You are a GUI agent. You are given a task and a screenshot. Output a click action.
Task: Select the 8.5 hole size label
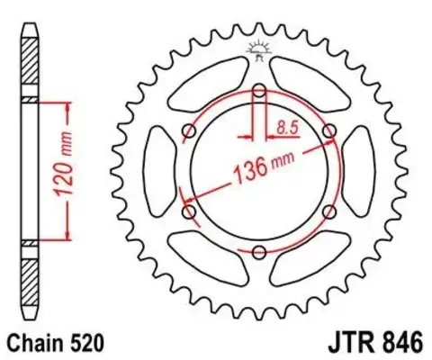(x=289, y=128)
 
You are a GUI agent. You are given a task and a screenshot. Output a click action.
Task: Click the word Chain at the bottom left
(x=31, y=344)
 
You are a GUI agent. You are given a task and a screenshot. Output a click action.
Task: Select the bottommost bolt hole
(x=259, y=250)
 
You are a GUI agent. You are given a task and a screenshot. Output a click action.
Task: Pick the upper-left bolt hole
(x=189, y=130)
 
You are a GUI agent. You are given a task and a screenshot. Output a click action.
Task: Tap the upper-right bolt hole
(x=329, y=130)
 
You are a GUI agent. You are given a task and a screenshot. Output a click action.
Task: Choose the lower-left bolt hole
(x=189, y=211)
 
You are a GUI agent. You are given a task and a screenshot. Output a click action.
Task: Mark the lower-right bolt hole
(x=329, y=211)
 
